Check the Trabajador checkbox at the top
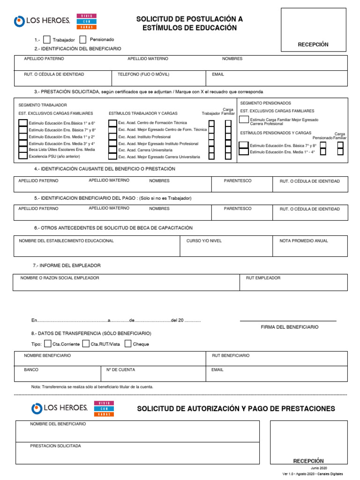click(46, 40)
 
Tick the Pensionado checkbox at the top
click(83, 40)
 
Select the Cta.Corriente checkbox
click(47, 344)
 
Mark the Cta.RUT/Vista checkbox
click(86, 344)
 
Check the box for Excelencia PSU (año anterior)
click(22, 156)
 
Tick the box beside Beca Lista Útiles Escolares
click(22, 150)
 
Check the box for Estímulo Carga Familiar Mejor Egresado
click(243, 120)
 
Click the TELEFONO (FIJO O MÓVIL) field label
click(143, 75)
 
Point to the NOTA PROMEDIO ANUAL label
click(304, 241)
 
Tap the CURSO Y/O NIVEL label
click(204, 241)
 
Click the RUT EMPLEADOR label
click(263, 278)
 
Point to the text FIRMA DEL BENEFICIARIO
click(289, 327)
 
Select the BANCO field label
click(31, 370)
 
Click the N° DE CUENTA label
click(120, 370)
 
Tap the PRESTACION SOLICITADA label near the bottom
click(55, 446)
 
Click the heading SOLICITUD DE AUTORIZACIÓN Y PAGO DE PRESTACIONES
click(236, 409)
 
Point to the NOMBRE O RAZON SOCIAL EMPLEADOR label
click(60, 278)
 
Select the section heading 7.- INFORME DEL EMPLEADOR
click(67, 266)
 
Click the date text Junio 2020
click(319, 468)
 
